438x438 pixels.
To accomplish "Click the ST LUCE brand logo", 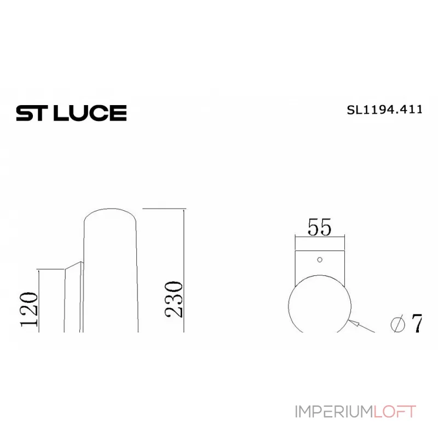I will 71,113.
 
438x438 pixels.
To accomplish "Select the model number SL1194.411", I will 384,109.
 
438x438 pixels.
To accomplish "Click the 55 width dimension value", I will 320,227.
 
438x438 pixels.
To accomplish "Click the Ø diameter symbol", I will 398,324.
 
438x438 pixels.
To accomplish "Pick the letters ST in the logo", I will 31,113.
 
